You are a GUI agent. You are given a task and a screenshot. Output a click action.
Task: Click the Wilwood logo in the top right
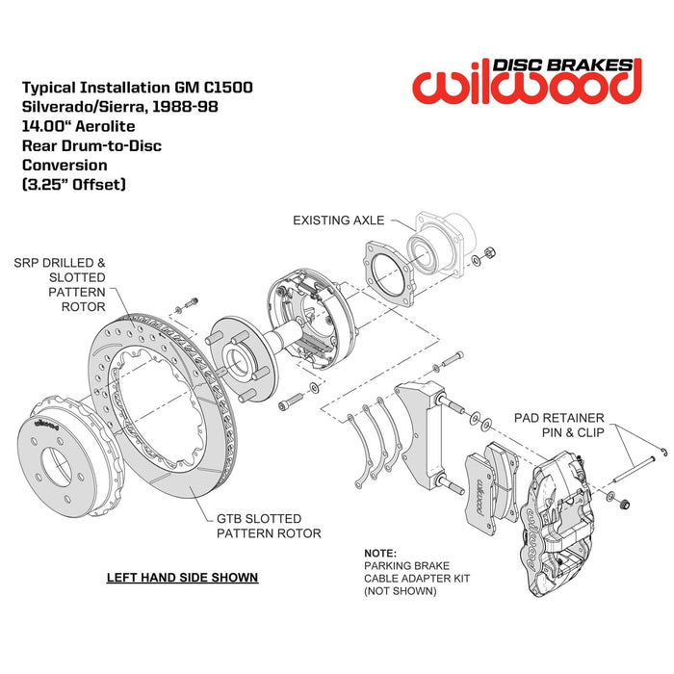[526, 81]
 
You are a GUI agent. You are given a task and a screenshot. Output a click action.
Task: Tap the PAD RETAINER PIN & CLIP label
[558, 425]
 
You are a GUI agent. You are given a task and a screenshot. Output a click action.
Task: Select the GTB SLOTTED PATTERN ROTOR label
[268, 525]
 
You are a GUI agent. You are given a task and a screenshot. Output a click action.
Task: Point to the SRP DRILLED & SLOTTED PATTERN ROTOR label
[73, 284]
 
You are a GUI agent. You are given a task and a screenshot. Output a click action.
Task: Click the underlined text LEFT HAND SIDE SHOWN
[182, 578]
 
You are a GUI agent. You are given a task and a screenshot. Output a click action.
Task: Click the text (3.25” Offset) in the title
[73, 184]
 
